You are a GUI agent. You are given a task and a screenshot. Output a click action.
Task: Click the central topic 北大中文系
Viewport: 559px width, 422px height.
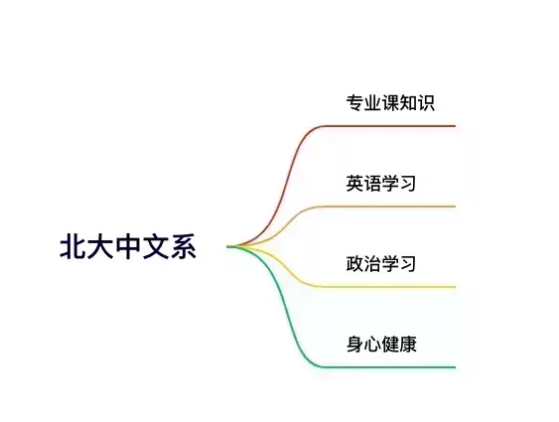(x=128, y=246)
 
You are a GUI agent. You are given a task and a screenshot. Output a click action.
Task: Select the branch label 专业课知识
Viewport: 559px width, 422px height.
(x=390, y=103)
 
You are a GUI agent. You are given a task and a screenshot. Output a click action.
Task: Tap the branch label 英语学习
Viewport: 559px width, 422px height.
(x=381, y=184)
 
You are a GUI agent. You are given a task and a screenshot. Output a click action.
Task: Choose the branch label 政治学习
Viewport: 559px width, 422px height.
(x=381, y=264)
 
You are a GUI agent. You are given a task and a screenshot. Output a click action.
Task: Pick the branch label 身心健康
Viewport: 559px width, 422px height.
(x=381, y=345)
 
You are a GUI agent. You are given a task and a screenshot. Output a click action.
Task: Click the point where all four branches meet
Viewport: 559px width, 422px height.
(x=228, y=246)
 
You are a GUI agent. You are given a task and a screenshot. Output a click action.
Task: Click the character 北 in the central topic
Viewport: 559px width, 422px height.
(x=72, y=246)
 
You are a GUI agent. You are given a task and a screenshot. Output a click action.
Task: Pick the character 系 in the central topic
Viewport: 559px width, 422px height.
(x=184, y=246)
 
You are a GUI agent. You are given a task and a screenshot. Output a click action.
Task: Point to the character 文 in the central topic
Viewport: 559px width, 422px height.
(x=156, y=246)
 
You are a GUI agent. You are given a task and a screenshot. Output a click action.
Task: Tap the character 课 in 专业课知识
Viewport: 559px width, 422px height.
(x=390, y=103)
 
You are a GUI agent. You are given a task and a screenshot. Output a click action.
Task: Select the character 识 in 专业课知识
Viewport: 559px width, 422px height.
(x=426, y=103)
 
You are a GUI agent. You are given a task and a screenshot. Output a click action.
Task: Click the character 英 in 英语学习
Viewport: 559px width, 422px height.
(x=354, y=184)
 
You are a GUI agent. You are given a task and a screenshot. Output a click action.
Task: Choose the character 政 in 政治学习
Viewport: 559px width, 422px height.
(x=354, y=264)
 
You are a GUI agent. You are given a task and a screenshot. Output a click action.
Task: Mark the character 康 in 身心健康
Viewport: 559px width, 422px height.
(x=408, y=345)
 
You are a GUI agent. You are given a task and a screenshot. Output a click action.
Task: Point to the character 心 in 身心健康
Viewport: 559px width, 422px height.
(x=373, y=345)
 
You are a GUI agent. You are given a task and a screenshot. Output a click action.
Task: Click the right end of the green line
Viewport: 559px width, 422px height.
(x=456, y=366)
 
